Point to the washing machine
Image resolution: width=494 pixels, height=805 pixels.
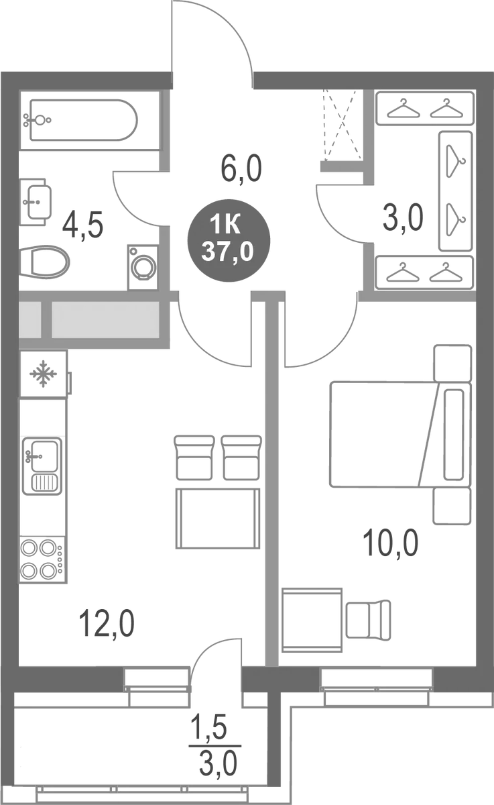[143, 267]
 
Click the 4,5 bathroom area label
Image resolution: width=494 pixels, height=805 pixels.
[82, 226]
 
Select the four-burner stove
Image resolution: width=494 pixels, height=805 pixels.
[40, 559]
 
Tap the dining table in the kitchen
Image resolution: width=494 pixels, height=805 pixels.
[218, 518]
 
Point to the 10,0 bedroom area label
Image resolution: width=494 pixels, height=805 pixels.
[392, 541]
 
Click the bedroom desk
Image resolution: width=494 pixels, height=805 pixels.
[312, 616]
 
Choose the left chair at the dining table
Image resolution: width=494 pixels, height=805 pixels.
[194, 457]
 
